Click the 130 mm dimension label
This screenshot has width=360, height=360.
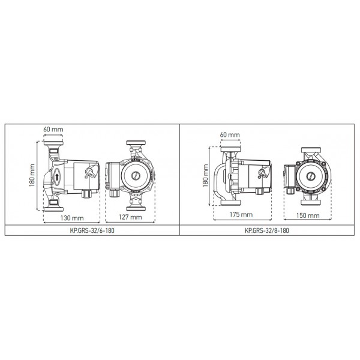(x=72, y=218)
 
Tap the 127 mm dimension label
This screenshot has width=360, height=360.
(x=130, y=217)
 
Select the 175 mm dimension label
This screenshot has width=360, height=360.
(x=241, y=214)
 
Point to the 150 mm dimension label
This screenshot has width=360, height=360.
(x=308, y=215)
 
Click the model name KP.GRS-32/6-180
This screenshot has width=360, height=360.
(x=92, y=230)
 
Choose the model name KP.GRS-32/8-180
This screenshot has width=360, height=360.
(x=267, y=230)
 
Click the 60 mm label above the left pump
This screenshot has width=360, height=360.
(x=53, y=129)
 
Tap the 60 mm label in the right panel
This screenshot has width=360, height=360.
(x=230, y=134)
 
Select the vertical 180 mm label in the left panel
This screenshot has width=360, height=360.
(x=32, y=175)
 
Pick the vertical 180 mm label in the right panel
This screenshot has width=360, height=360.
(x=205, y=176)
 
